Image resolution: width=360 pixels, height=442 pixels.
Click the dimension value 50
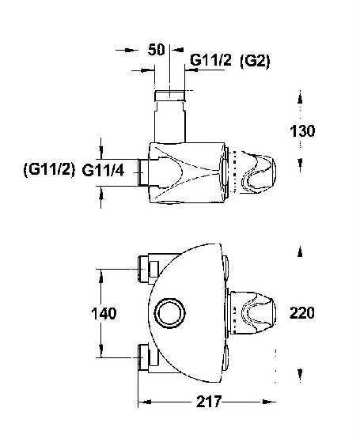pos(156,50)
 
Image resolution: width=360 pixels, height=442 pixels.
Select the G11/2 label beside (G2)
pos(210,60)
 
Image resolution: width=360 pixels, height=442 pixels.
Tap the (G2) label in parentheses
pos(255,61)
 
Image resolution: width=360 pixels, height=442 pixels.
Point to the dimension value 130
pos(302,131)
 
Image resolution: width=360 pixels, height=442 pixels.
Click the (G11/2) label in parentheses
pos(49,170)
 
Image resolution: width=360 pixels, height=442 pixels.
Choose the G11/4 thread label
pos(103,170)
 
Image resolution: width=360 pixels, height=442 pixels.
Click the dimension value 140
pos(104,313)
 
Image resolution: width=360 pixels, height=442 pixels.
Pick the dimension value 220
pos(302,313)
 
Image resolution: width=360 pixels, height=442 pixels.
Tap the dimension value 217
pos(209,402)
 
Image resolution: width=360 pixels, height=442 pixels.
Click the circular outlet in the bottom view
pos(170,313)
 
